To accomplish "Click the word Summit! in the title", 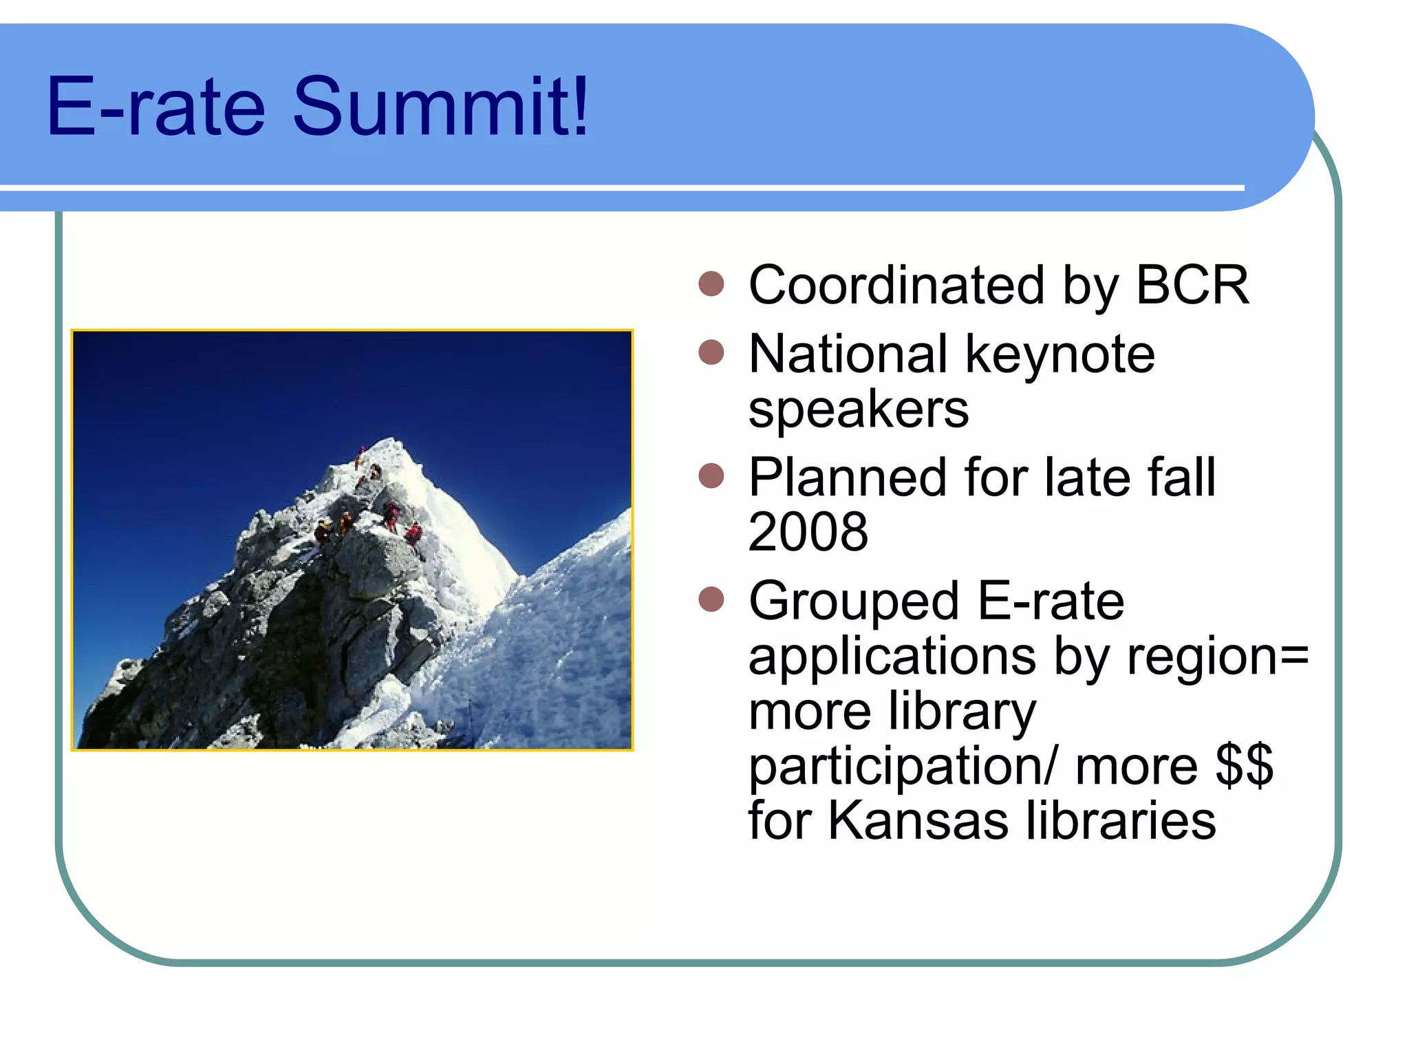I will [x=440, y=107].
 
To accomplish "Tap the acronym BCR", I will [x=1191, y=285].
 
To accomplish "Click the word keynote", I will [x=1060, y=355].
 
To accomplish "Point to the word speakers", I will [x=858, y=409].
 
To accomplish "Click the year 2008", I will [x=808, y=532].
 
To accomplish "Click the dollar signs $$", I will [x=1244, y=765].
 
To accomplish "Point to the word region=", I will [x=1217, y=656].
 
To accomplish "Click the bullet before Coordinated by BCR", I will [x=711, y=284].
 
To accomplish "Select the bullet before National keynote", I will [x=711, y=352].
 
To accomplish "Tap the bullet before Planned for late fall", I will [x=711, y=476].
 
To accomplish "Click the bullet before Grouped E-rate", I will [x=711, y=599].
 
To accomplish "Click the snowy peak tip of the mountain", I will [x=391, y=440].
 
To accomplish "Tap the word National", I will [x=848, y=355].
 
